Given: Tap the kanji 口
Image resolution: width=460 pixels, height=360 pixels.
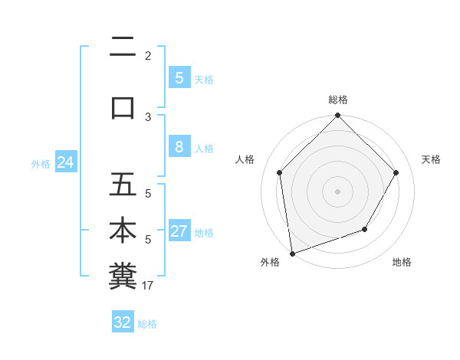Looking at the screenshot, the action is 123,107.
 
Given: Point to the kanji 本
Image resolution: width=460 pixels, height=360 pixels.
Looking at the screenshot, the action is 123,231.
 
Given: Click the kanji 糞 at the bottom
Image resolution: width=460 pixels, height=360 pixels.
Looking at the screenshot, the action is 123,276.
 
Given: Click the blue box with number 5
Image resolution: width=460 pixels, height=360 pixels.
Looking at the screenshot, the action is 179,78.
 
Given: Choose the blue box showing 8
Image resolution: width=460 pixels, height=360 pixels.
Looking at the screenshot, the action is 179,148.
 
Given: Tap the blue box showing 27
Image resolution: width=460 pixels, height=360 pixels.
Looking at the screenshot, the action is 179,232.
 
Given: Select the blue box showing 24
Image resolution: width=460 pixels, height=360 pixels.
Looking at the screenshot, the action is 65,162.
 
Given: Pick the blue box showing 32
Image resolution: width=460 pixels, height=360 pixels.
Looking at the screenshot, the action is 123,322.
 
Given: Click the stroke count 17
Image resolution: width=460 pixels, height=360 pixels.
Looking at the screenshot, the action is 149,286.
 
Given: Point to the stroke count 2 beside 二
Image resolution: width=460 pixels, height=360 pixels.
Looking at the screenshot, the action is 148,55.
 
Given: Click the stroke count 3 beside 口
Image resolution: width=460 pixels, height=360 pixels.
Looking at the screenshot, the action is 148,116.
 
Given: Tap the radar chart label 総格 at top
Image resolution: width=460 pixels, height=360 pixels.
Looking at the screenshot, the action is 337,100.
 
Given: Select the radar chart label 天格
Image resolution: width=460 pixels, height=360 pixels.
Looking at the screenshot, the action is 431,159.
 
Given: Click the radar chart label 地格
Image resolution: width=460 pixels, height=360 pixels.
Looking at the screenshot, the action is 402,263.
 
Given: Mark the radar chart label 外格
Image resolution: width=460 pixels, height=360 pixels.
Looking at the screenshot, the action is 270,263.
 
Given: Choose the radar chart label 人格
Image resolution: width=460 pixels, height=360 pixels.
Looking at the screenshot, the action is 245,159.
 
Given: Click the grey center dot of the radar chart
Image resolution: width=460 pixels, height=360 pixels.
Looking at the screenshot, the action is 337,191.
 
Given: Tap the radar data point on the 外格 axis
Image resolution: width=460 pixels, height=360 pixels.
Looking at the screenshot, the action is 292,253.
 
